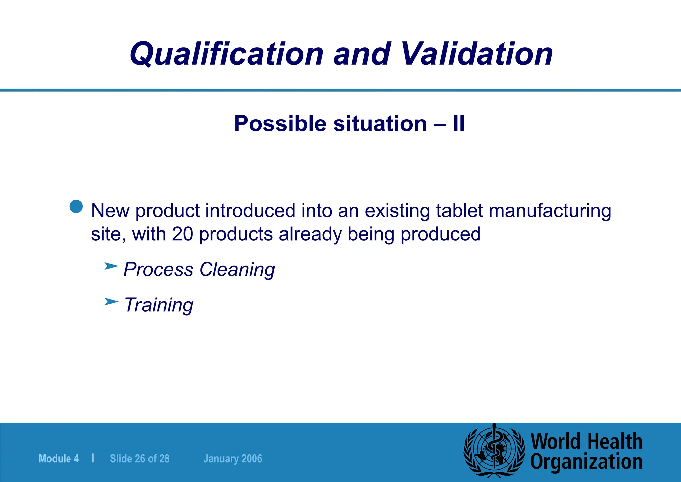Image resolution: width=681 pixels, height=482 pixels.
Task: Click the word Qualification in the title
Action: click(x=226, y=54)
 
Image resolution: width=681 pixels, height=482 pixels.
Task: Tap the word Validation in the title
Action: click(x=477, y=54)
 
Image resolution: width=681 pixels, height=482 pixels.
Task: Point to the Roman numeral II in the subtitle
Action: click(x=458, y=124)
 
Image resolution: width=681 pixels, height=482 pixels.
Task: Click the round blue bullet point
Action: click(x=76, y=207)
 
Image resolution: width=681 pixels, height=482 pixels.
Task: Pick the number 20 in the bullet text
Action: click(x=182, y=234)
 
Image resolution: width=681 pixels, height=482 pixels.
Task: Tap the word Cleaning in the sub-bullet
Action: click(x=237, y=269)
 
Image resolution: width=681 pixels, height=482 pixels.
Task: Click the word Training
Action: click(x=158, y=305)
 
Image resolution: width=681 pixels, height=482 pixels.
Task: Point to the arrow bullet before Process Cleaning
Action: click(x=111, y=266)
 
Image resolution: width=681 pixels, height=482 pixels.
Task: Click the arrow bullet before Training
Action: click(x=111, y=302)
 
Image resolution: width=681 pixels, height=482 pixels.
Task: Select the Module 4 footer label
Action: click(x=59, y=459)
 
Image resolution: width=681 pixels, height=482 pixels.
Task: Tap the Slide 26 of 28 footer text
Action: click(x=140, y=459)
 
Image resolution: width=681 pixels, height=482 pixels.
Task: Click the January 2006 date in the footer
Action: click(x=233, y=459)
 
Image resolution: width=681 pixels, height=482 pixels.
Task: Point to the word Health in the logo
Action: click(x=615, y=441)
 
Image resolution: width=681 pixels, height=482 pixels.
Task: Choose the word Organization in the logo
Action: click(x=586, y=462)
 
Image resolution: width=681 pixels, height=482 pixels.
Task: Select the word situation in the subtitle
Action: click(x=380, y=124)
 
